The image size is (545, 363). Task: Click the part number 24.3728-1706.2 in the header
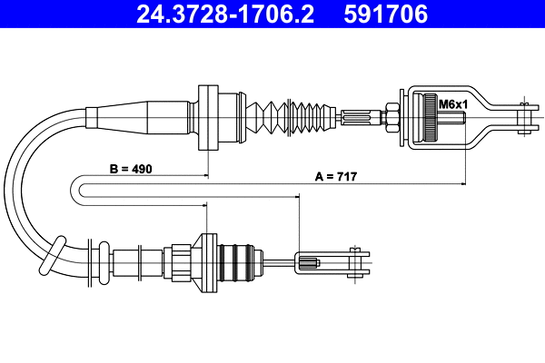(x=223, y=14)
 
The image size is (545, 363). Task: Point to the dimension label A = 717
(x=336, y=179)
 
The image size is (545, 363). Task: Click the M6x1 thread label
(x=452, y=104)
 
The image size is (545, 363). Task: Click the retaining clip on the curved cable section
(x=52, y=254)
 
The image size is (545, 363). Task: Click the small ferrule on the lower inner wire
(x=308, y=263)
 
